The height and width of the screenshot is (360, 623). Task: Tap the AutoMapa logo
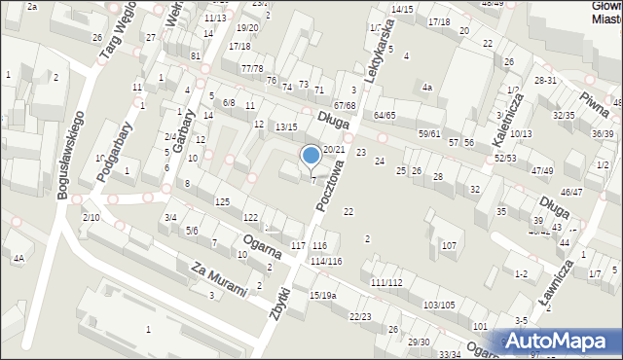[x=561, y=341]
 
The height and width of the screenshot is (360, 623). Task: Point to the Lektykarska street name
[x=379, y=54]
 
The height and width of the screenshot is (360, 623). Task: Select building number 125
[x=222, y=200]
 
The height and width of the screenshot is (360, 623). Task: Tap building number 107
[x=449, y=245]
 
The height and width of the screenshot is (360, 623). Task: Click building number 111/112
[x=385, y=282]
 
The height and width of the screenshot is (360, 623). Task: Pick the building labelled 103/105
[x=439, y=305]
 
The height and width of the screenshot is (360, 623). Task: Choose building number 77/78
[x=252, y=68]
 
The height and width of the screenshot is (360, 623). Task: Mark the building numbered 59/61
[x=429, y=133]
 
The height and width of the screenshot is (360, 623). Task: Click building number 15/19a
[x=323, y=295]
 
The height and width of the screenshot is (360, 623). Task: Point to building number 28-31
[x=545, y=80]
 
